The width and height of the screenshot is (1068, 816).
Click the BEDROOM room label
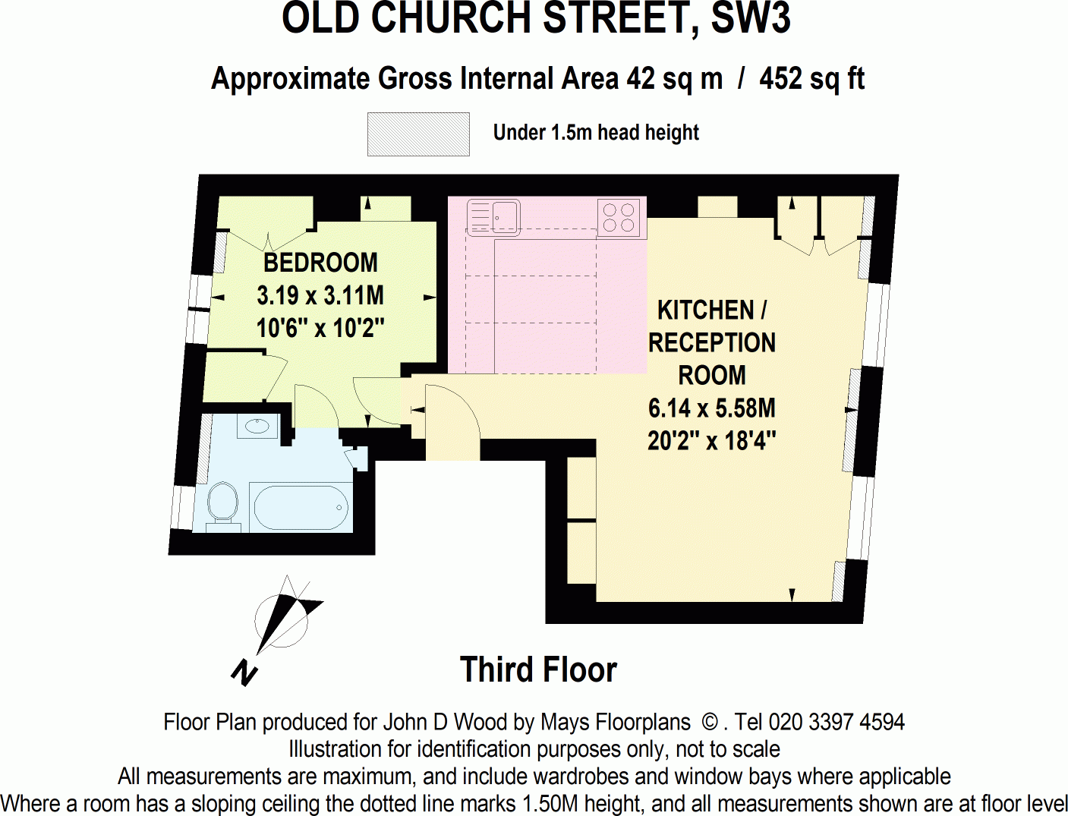(320, 263)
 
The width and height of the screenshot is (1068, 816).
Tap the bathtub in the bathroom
(301, 507)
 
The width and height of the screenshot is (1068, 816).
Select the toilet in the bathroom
(222, 503)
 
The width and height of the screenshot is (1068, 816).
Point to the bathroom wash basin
(257, 425)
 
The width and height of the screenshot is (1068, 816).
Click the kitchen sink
(493, 216)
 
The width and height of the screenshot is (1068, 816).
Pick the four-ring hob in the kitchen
(619, 217)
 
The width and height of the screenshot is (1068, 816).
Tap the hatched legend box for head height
(418, 134)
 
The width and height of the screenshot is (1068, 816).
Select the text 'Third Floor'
(538, 670)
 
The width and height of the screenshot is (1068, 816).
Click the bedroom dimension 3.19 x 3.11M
(320, 295)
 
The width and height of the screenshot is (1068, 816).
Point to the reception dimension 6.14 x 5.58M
(711, 408)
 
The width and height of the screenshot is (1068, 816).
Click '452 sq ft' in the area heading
(811, 79)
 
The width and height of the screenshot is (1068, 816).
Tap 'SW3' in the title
(750, 19)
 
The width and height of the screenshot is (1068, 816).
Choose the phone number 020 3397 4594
(836, 722)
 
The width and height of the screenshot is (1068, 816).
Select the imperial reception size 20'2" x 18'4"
(711, 441)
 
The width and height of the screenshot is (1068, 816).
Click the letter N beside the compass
(244, 673)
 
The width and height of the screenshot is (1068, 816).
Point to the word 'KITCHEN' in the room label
(705, 310)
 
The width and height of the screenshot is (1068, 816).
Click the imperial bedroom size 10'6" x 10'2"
(320, 328)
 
